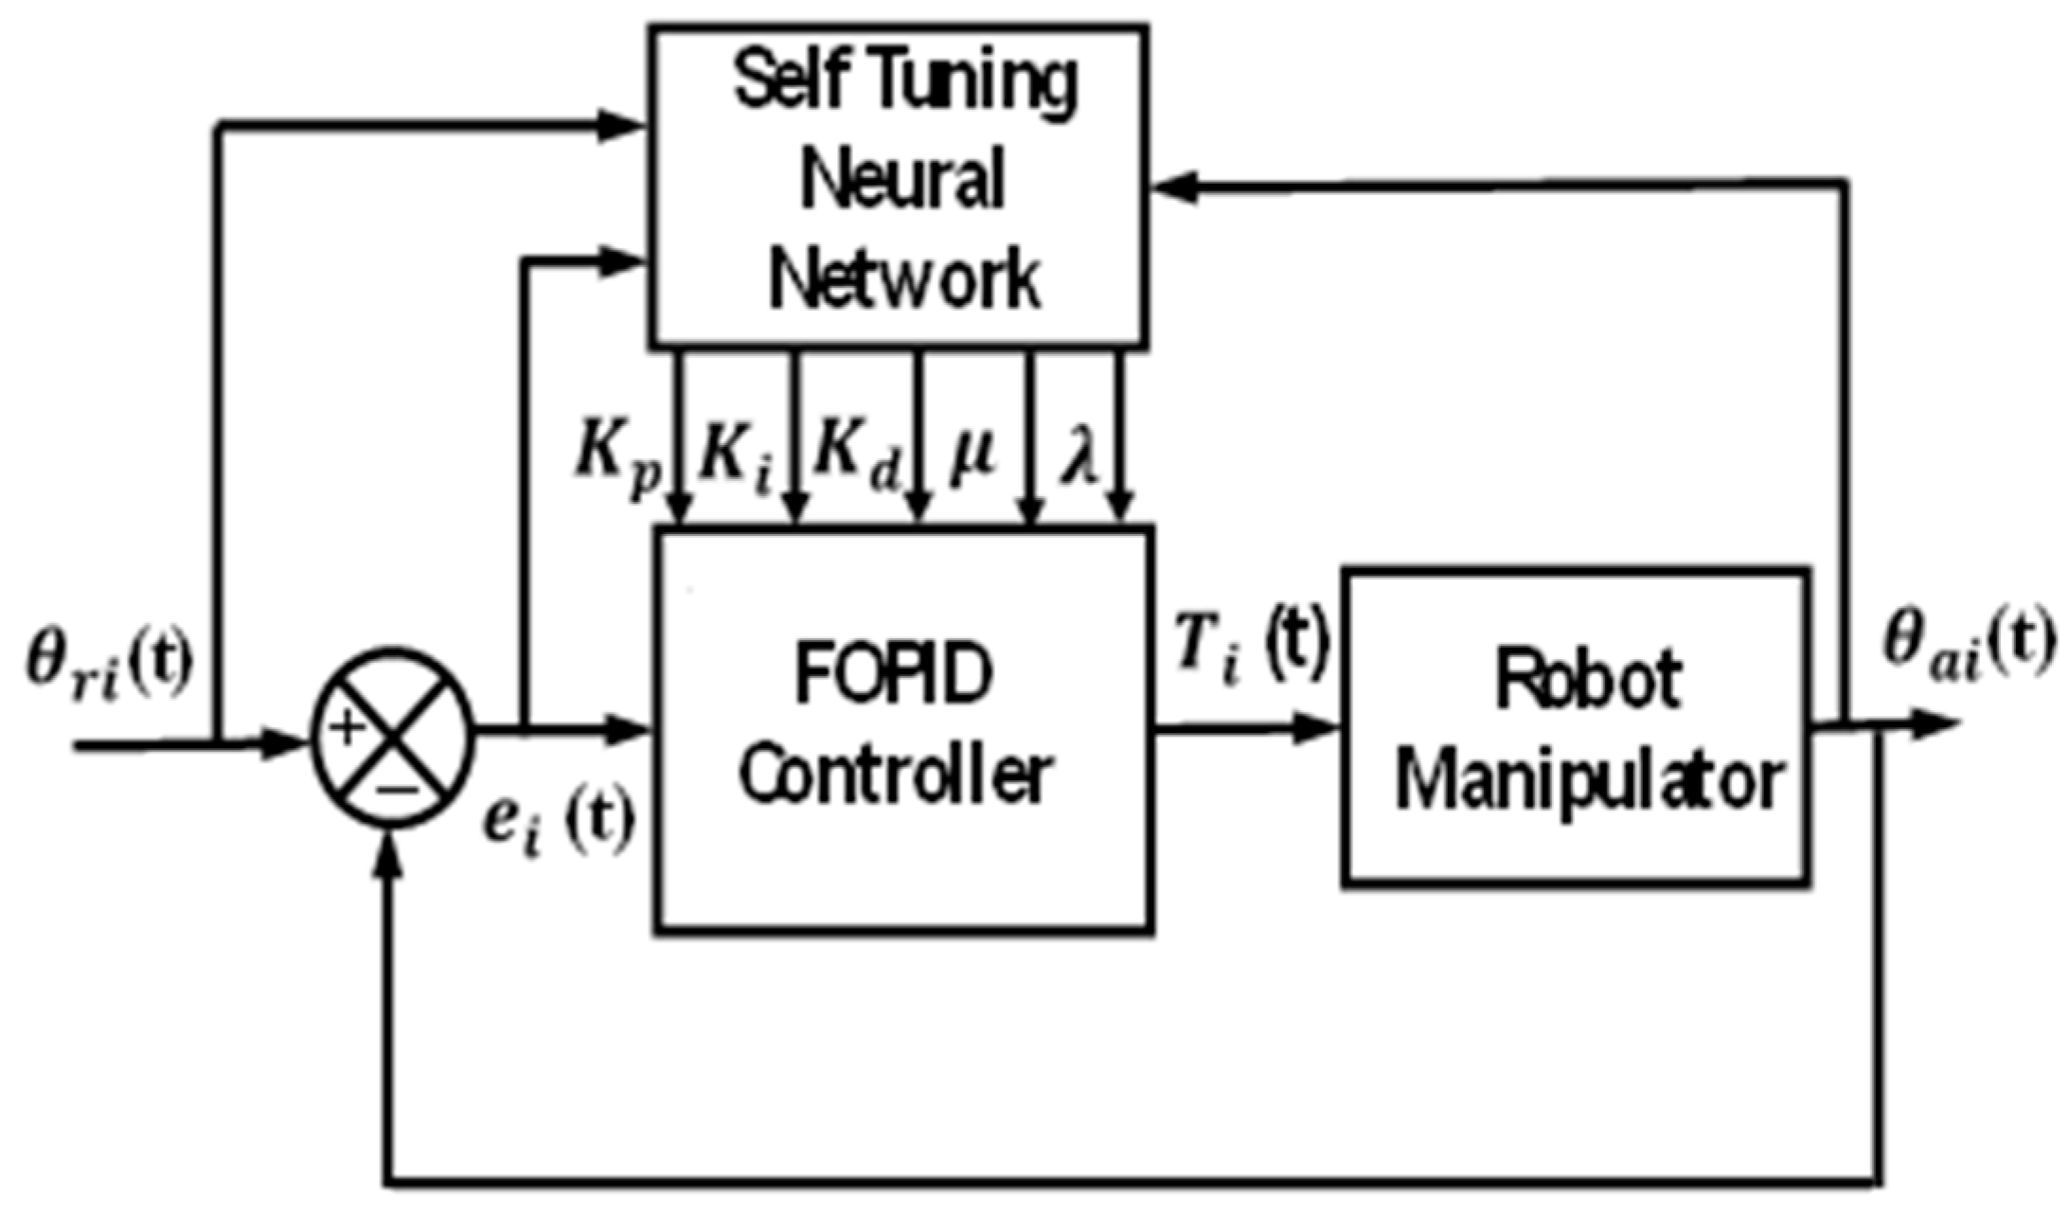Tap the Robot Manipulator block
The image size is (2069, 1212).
1577,727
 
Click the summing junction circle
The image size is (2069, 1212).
392,737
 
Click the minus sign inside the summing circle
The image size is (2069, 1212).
397,789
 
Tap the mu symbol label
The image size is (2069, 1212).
972,455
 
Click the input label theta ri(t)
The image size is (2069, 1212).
109,663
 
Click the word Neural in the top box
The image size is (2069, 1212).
901,180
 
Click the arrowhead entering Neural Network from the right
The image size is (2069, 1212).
1174,188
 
